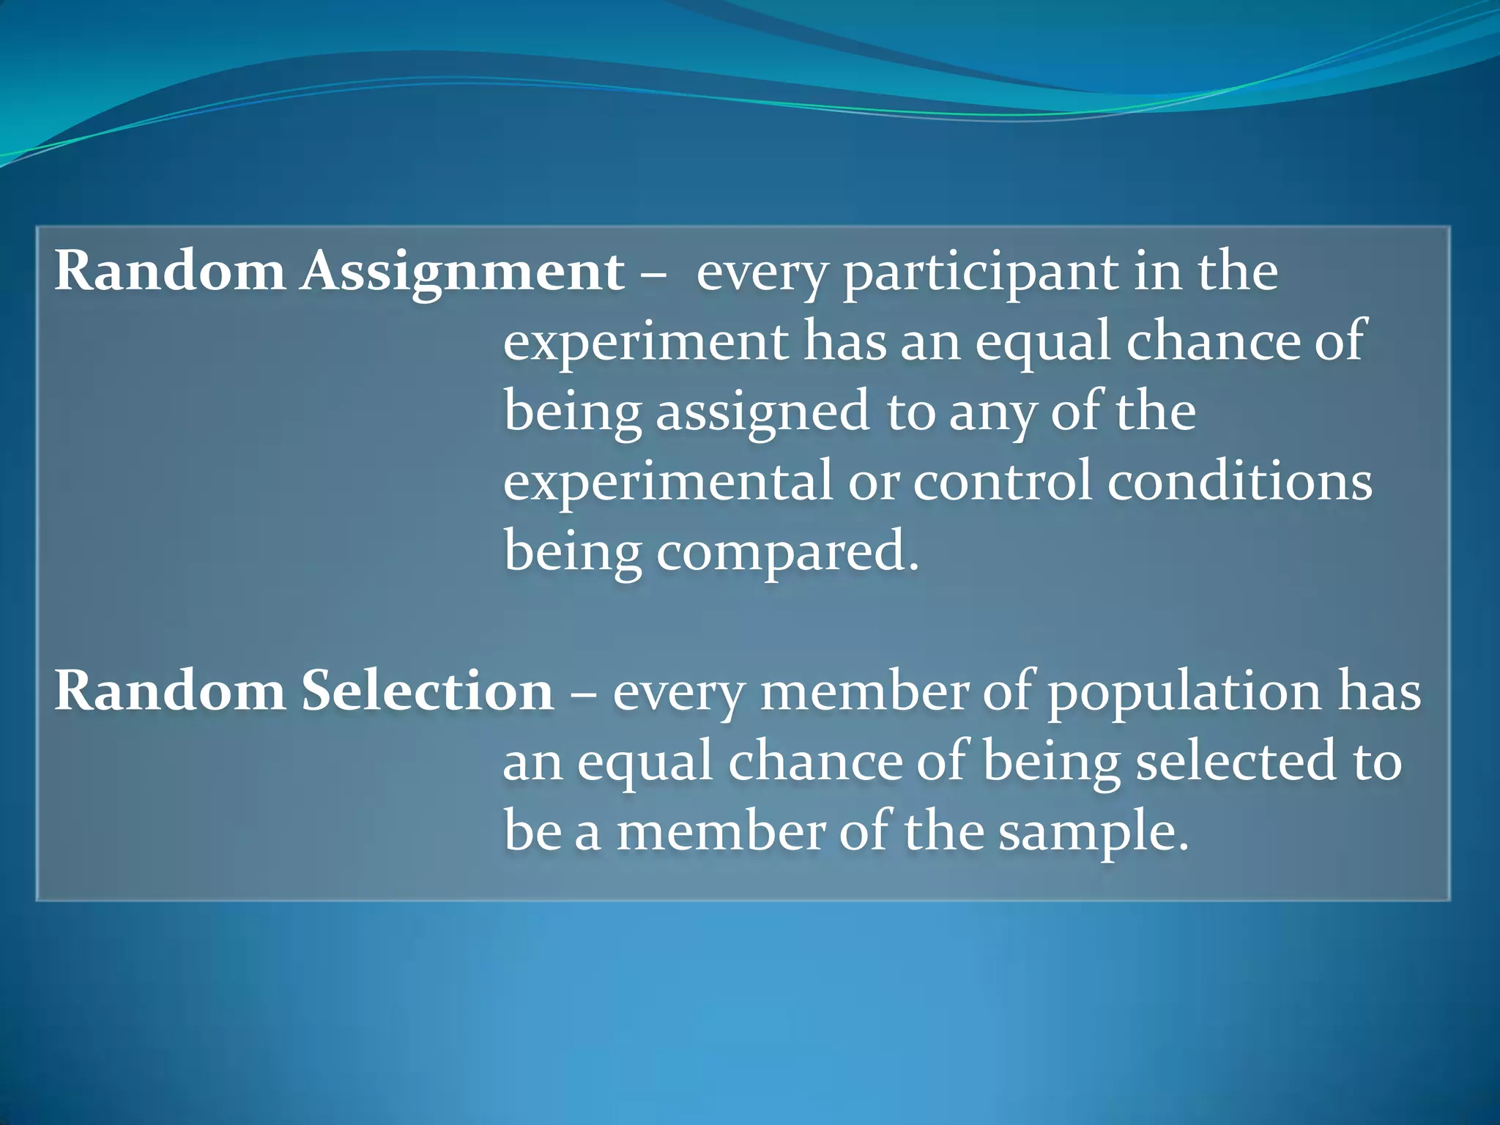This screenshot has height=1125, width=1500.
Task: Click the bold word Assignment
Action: pos(462,272)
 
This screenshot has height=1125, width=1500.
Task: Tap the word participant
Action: pos(981,273)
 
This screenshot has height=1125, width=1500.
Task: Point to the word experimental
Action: pos(668,482)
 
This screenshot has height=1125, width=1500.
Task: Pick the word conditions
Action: pos(1239,481)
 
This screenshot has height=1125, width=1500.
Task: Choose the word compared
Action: pos(787,552)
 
